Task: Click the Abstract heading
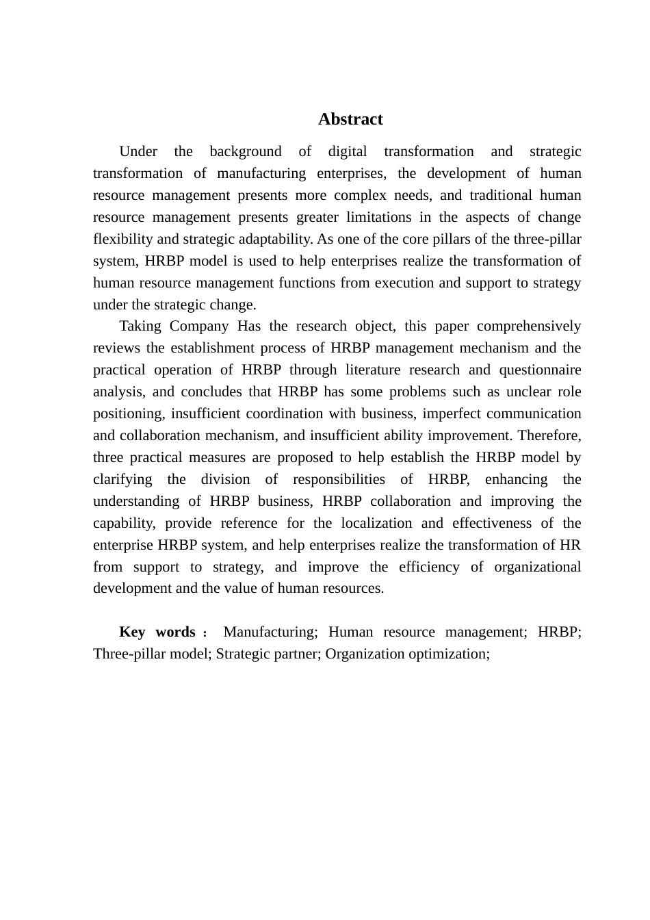(x=350, y=119)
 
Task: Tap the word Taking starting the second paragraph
(x=140, y=326)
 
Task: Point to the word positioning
(x=128, y=413)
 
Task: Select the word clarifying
(x=122, y=479)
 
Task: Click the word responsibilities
(x=339, y=479)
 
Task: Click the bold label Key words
(x=157, y=632)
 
